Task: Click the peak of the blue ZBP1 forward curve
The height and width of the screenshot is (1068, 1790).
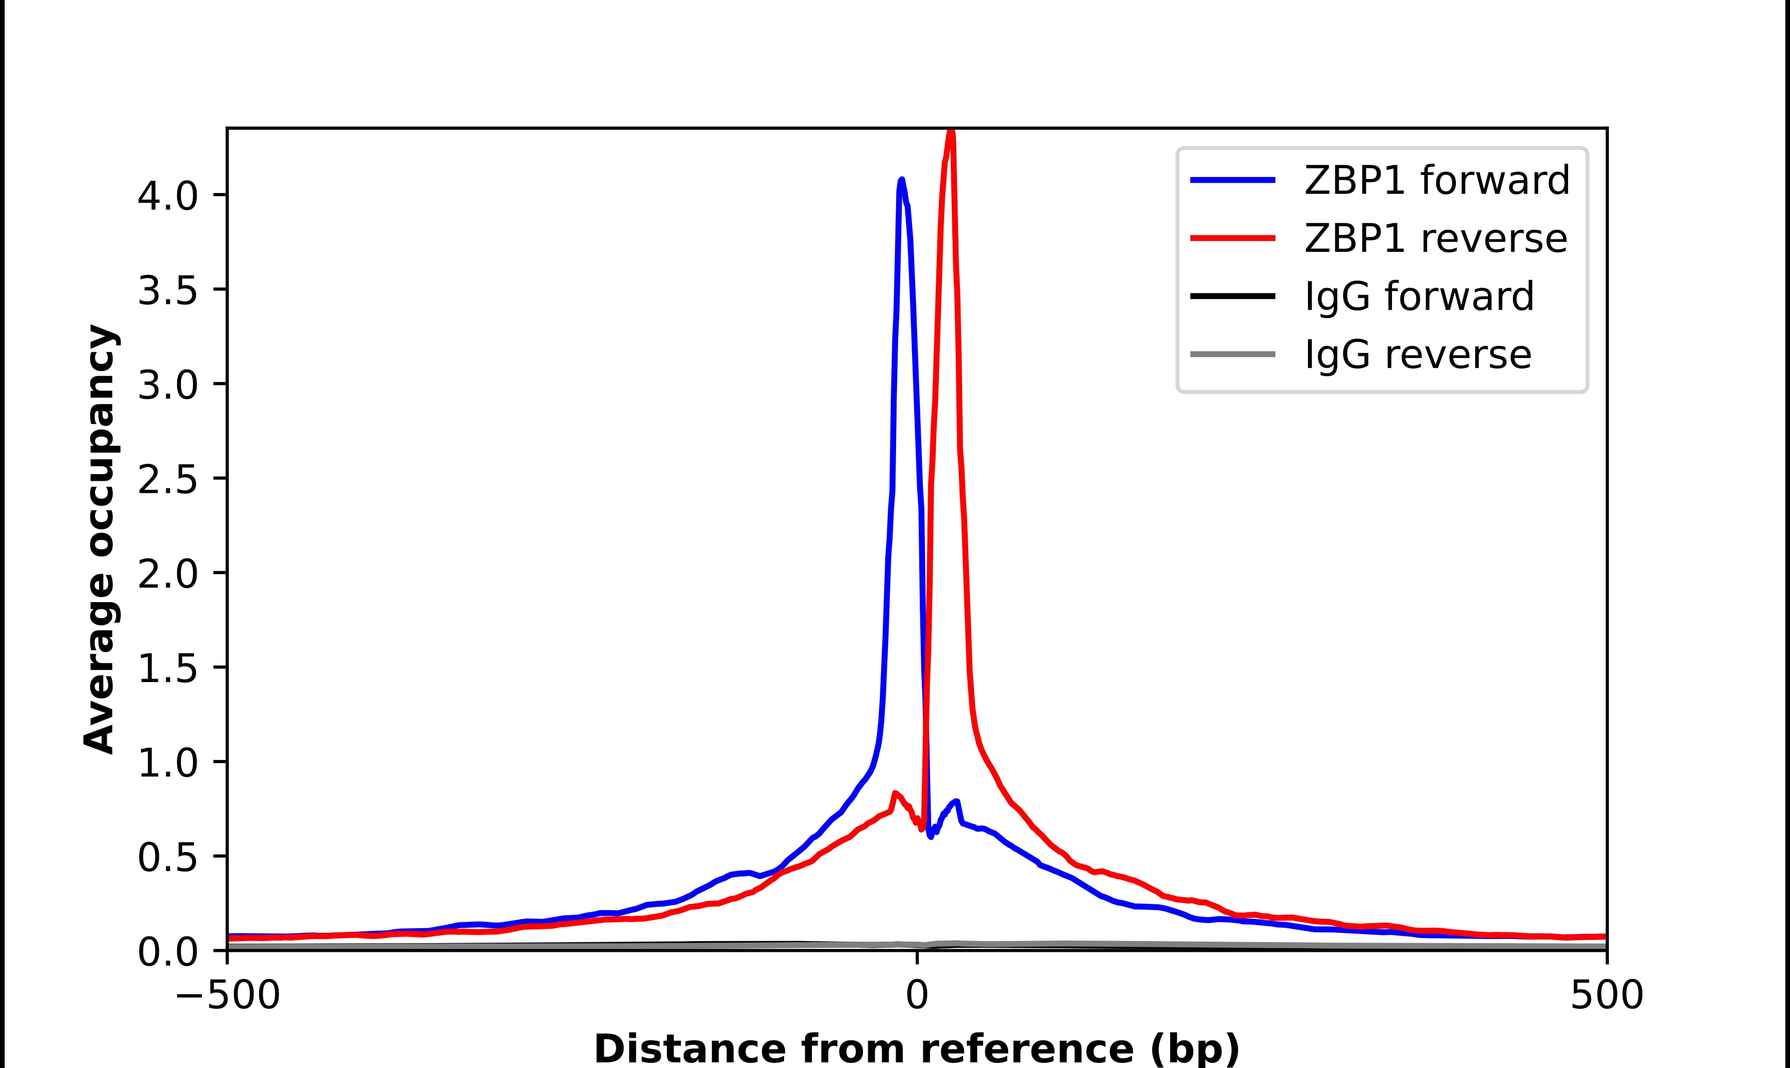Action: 901,180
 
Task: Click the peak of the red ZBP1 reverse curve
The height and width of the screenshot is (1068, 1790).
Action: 951,132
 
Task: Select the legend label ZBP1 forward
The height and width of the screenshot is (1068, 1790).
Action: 1436,180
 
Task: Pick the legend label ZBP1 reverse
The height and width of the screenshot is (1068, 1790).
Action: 1435,238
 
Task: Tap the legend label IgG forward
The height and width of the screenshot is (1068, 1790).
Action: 1418,297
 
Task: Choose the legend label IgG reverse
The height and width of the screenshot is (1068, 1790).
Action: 1417,355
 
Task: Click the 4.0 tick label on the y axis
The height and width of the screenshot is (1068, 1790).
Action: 167,196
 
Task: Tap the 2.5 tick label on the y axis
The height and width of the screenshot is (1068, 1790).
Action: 167,479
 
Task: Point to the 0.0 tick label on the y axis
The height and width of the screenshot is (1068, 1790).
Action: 167,952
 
